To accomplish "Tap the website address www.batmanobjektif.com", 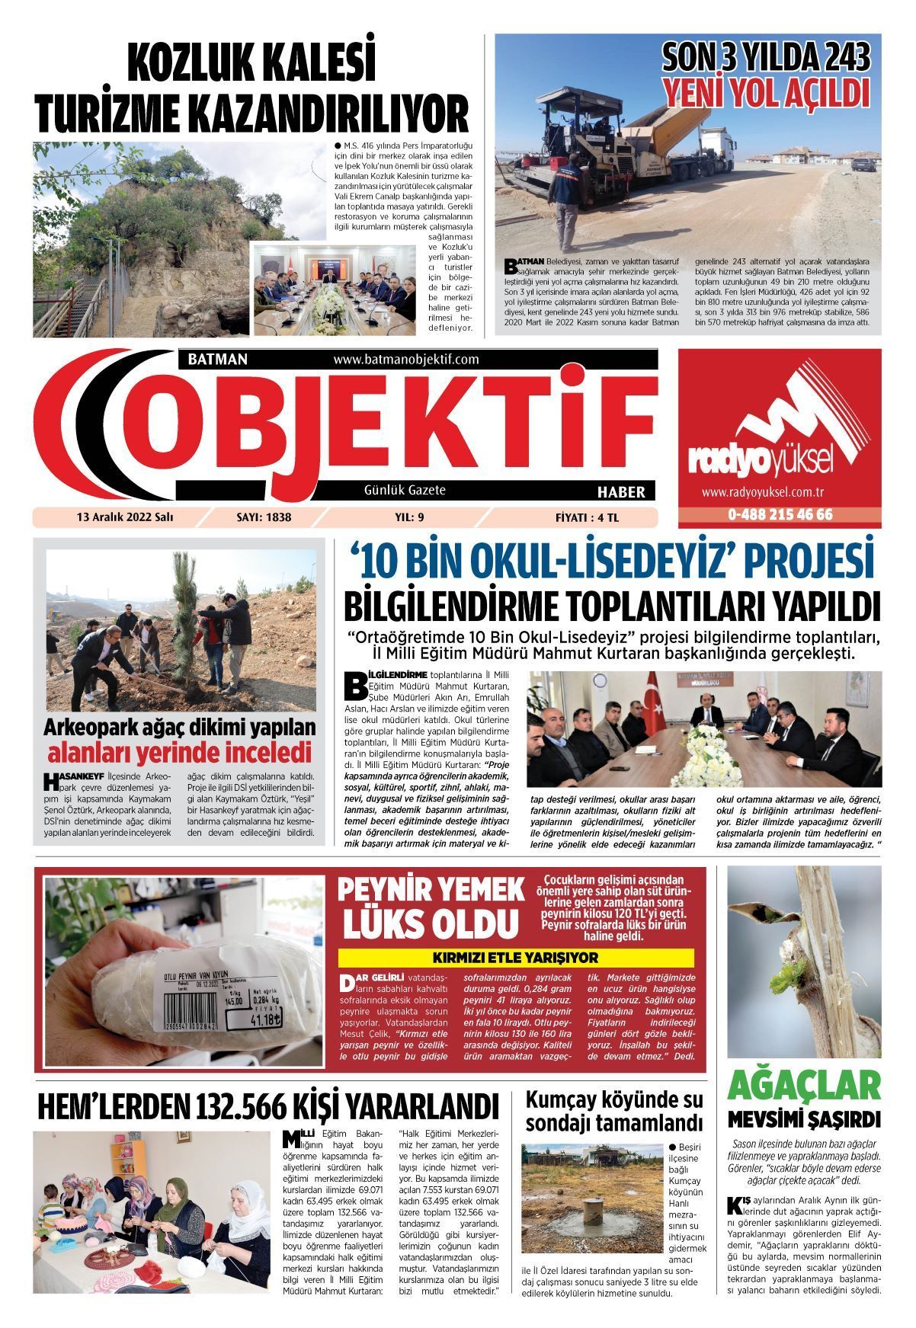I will click(x=405, y=359).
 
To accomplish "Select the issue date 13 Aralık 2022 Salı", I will click(x=125, y=517).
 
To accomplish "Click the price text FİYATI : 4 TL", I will click(x=587, y=517).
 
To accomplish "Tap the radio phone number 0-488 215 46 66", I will click(x=780, y=514).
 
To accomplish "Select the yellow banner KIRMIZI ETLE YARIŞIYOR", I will click(x=515, y=958).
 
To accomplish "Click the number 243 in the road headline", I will click(x=839, y=59).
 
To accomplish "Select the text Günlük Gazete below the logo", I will click(x=405, y=491).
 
